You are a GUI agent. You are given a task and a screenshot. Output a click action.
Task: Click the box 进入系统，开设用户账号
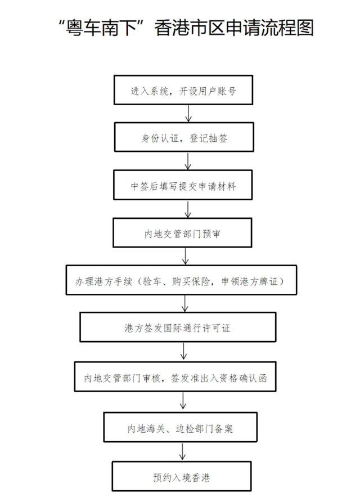[183, 90]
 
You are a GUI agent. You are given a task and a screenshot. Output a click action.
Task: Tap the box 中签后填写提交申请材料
[183, 186]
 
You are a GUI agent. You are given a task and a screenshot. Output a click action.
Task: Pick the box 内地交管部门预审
[183, 233]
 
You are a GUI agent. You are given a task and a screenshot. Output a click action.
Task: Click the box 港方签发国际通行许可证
[178, 328]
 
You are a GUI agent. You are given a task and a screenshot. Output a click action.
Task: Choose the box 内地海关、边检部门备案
[180, 429]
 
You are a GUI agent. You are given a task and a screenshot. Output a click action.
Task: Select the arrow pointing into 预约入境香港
[182, 453]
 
